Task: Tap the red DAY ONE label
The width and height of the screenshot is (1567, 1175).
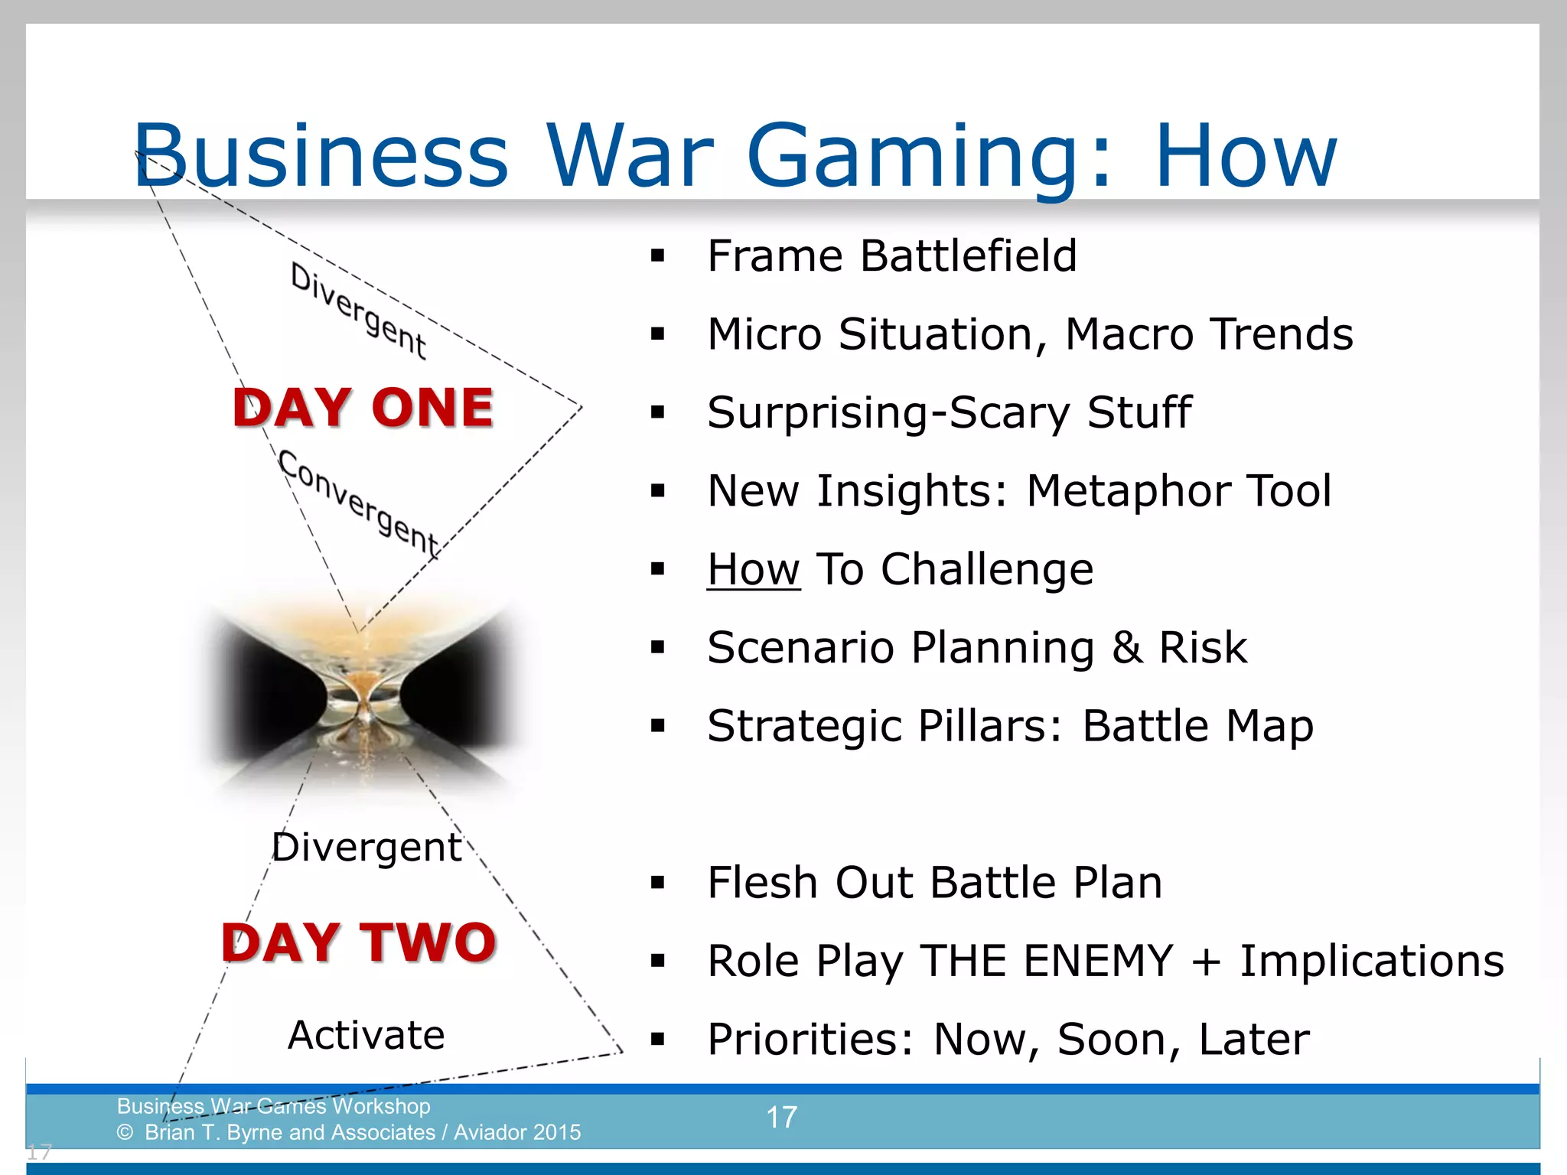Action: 363,408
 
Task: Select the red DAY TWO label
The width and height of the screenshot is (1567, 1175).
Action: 359,942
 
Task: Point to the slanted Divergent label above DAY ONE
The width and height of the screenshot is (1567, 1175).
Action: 359,311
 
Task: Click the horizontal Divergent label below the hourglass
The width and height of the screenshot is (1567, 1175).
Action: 367,848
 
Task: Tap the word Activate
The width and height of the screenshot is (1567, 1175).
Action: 366,1035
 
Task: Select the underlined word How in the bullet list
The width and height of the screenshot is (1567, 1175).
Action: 753,570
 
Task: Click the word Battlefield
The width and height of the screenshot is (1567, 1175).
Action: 968,256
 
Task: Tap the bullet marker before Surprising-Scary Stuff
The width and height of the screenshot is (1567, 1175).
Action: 657,413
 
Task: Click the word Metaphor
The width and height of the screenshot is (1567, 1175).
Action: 1128,491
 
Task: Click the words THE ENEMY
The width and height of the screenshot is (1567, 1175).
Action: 1046,962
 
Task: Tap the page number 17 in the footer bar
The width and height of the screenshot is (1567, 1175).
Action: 781,1118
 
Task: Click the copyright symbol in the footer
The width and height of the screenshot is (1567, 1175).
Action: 125,1133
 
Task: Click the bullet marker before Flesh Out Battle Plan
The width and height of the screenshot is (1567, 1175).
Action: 657,884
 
